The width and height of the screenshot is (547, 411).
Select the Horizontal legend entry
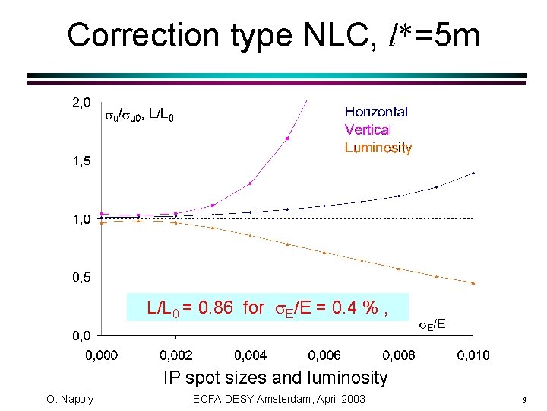click(x=376, y=112)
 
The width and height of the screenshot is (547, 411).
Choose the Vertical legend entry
click(x=368, y=130)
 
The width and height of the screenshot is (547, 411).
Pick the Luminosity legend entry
click(x=378, y=148)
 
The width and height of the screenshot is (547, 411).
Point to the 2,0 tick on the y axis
click(x=81, y=103)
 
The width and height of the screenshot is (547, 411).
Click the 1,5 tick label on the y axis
click(x=81, y=161)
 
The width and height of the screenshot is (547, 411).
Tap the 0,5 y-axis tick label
click(x=81, y=278)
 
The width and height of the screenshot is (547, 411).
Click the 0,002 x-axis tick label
click(x=175, y=355)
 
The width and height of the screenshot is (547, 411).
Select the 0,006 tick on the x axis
click(x=324, y=355)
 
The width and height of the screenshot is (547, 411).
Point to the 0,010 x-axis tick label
click(x=473, y=355)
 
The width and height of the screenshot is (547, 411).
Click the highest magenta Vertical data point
click(x=287, y=139)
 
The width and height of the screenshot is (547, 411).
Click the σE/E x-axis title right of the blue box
click(x=433, y=325)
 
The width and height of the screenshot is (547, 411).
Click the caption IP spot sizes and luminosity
click(x=275, y=378)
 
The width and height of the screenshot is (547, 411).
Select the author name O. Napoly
click(x=69, y=400)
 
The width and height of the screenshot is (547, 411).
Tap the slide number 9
click(x=525, y=400)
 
